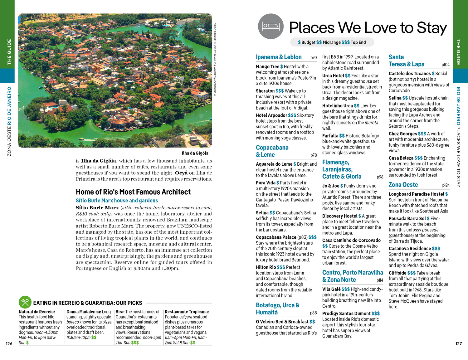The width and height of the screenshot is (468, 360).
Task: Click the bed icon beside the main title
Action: point(271,27)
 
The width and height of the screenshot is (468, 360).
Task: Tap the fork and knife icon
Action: point(25,302)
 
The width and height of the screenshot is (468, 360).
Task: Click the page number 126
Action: point(9,343)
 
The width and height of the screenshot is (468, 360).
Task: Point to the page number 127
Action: point(458,343)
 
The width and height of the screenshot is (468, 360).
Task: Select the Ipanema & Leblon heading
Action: point(279,57)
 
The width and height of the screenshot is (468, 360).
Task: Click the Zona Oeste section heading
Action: point(403,185)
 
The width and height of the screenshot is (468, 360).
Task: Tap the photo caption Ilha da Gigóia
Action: point(195,153)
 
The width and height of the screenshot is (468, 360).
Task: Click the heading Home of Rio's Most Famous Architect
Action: point(133,192)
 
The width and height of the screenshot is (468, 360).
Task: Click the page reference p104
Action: point(445,65)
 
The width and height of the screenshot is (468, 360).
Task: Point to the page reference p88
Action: point(313,313)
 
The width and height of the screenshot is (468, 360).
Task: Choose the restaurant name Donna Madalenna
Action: point(83,312)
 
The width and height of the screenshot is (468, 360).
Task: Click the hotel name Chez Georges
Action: point(402,134)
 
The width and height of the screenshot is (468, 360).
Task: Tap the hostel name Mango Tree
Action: point(267,66)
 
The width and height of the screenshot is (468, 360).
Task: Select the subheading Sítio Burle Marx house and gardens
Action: point(117,201)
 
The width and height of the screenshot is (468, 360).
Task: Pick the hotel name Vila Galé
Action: point(331,289)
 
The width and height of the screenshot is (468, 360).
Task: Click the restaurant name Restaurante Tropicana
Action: point(187,312)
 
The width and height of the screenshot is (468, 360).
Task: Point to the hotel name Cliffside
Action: point(397,273)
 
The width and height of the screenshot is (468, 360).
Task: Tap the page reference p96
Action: point(380,177)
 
